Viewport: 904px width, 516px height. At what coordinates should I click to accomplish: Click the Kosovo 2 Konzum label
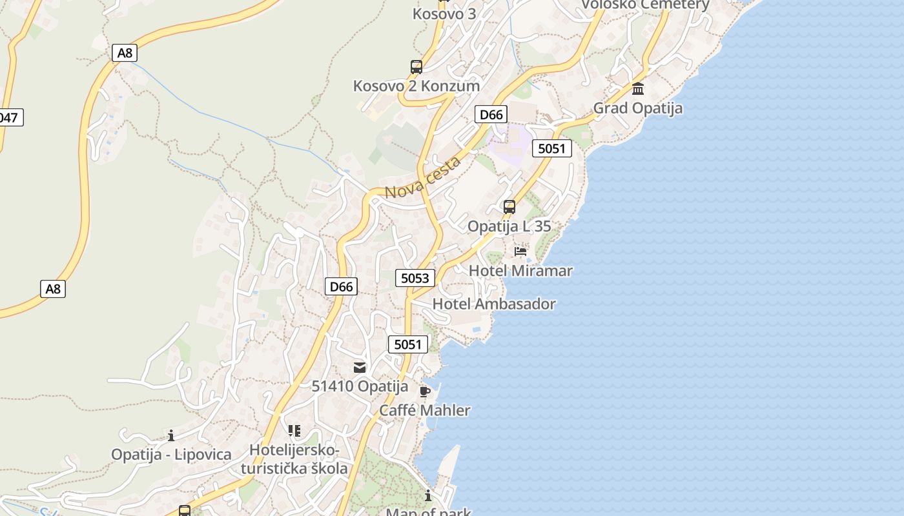[x=416, y=86]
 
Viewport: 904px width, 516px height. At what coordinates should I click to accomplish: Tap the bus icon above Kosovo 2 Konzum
[x=416, y=66]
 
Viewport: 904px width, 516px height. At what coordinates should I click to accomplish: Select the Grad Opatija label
[x=638, y=108]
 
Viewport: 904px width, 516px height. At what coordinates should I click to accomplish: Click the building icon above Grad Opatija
[x=638, y=89]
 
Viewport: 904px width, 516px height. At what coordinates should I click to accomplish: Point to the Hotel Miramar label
[x=520, y=271]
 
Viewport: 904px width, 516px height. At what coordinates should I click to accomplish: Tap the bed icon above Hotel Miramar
[x=520, y=251]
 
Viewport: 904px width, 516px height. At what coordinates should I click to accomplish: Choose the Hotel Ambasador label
[x=494, y=304]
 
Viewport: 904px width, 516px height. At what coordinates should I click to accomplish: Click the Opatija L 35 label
[x=509, y=226]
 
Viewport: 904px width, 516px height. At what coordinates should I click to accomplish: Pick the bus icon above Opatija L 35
[x=509, y=207]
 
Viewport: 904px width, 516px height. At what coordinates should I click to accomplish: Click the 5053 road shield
[x=415, y=278]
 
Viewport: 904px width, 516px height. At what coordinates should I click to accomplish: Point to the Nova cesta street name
[x=423, y=177]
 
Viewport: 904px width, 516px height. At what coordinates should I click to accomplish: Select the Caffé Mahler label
[x=425, y=410]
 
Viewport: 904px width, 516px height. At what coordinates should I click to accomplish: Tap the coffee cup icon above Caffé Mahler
[x=424, y=392]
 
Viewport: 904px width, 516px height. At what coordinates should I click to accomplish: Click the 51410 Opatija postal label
[x=360, y=386]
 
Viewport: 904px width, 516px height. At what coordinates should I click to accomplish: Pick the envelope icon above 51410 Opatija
[x=360, y=368]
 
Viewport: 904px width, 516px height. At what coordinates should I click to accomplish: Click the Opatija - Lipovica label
[x=171, y=454]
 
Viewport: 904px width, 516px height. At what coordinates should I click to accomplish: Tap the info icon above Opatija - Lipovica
[x=171, y=435]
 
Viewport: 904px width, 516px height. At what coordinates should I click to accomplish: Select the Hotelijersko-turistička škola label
[x=294, y=459]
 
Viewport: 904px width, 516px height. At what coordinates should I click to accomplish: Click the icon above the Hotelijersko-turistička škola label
[x=294, y=430]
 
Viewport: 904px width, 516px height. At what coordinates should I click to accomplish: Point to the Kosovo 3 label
[x=444, y=13]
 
